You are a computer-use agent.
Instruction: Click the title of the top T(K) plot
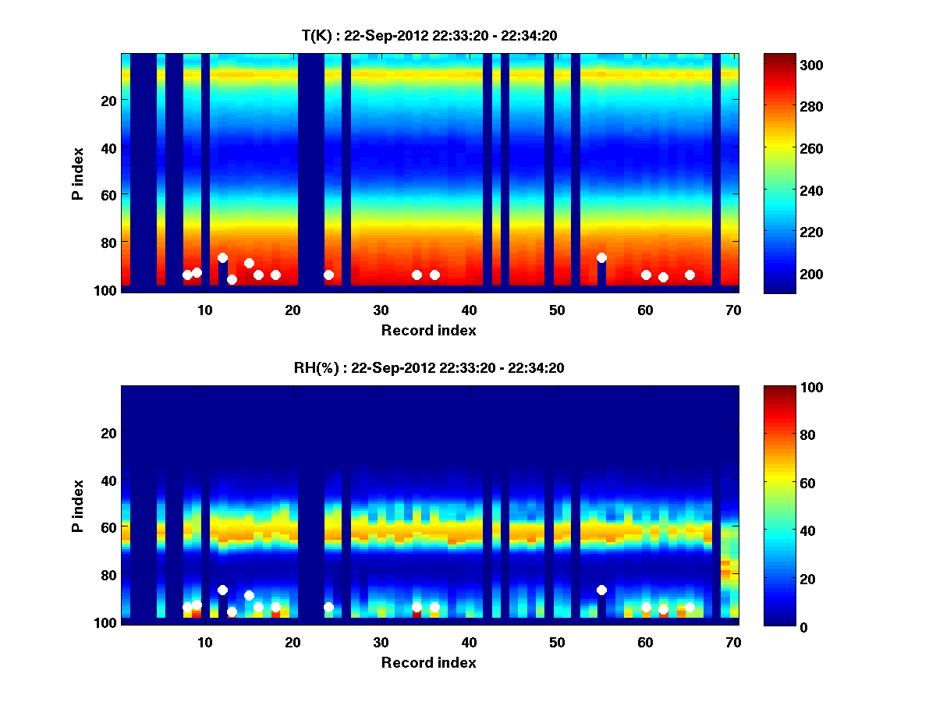click(429, 35)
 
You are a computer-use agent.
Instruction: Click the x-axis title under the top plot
click(429, 330)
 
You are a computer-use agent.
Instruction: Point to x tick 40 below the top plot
click(469, 310)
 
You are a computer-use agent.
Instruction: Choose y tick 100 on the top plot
click(107, 290)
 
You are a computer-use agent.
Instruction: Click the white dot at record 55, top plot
click(601, 257)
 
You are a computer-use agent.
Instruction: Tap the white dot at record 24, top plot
click(328, 275)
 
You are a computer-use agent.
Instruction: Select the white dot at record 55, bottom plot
click(601, 590)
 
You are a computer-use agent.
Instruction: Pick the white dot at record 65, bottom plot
click(690, 607)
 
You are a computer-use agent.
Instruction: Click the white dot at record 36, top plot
click(434, 275)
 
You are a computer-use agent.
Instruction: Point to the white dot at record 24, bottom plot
click(328, 607)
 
